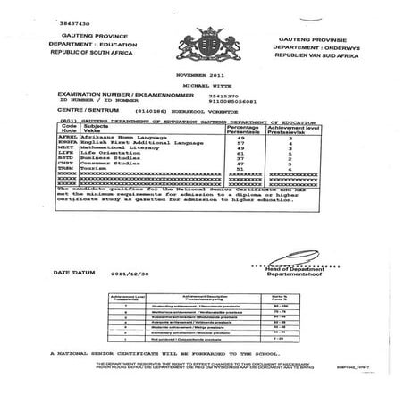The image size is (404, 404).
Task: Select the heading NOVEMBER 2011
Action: (202, 71)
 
